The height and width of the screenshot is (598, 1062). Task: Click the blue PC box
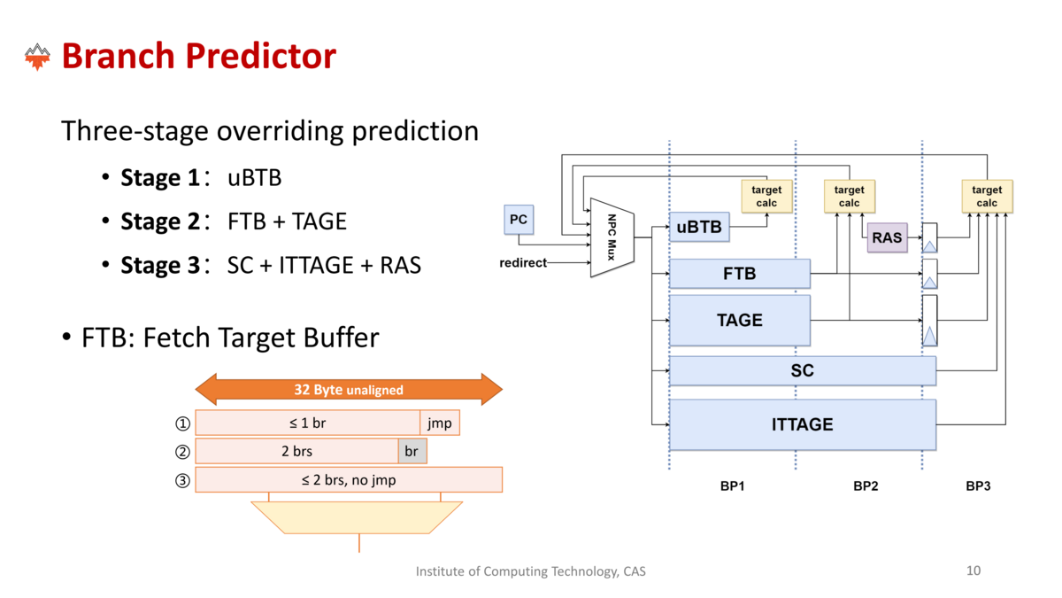(519, 220)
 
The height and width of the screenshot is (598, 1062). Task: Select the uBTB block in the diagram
(699, 227)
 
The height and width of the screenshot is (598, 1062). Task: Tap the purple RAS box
(887, 237)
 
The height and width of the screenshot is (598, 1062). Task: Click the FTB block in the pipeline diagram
(740, 274)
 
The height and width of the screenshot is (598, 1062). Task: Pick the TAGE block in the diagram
(740, 321)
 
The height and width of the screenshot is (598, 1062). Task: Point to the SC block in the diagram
(803, 370)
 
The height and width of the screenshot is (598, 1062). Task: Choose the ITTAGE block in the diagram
(803, 424)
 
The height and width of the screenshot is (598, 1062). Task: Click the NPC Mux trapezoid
(612, 237)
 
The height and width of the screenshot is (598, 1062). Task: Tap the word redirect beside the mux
(523, 262)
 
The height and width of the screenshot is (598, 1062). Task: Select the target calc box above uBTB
(766, 196)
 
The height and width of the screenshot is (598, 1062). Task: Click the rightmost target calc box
(987, 196)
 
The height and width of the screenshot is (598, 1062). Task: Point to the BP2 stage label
(866, 486)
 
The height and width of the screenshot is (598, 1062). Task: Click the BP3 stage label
(978, 486)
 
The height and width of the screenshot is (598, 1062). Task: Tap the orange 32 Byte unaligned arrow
(349, 389)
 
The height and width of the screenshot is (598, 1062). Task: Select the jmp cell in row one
(440, 423)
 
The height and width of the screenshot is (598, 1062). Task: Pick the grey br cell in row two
(412, 451)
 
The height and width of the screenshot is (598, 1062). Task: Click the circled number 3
(182, 480)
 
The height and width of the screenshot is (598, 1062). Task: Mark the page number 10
(973, 571)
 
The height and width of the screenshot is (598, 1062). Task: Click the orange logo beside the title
(37, 57)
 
